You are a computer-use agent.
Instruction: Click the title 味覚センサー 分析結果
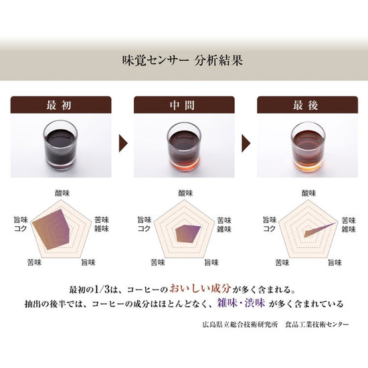(183, 60)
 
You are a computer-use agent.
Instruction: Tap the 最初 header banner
(61, 105)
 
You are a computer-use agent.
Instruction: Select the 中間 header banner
(184, 105)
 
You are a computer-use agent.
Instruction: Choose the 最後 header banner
(308, 105)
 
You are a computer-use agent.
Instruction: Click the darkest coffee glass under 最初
(60, 145)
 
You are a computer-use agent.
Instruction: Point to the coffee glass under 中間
(184, 147)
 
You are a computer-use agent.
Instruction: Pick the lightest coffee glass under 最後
(308, 147)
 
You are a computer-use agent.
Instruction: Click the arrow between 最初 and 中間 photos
(123, 143)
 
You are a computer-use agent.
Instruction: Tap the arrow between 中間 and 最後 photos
(246, 143)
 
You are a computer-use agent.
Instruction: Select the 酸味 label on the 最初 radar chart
(62, 193)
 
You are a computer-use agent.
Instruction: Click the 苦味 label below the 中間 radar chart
(158, 262)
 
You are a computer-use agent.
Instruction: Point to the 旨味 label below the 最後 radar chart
(335, 262)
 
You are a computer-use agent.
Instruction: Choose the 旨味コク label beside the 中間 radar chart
(145, 224)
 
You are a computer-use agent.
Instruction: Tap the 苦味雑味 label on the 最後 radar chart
(349, 225)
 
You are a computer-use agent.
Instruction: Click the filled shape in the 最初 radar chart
(52, 229)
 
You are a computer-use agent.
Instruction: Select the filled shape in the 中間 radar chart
(188, 234)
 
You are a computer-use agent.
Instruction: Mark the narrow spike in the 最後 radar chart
(320, 230)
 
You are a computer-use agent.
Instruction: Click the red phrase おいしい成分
(201, 288)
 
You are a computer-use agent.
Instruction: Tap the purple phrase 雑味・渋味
(241, 303)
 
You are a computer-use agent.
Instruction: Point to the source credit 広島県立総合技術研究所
(240, 325)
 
